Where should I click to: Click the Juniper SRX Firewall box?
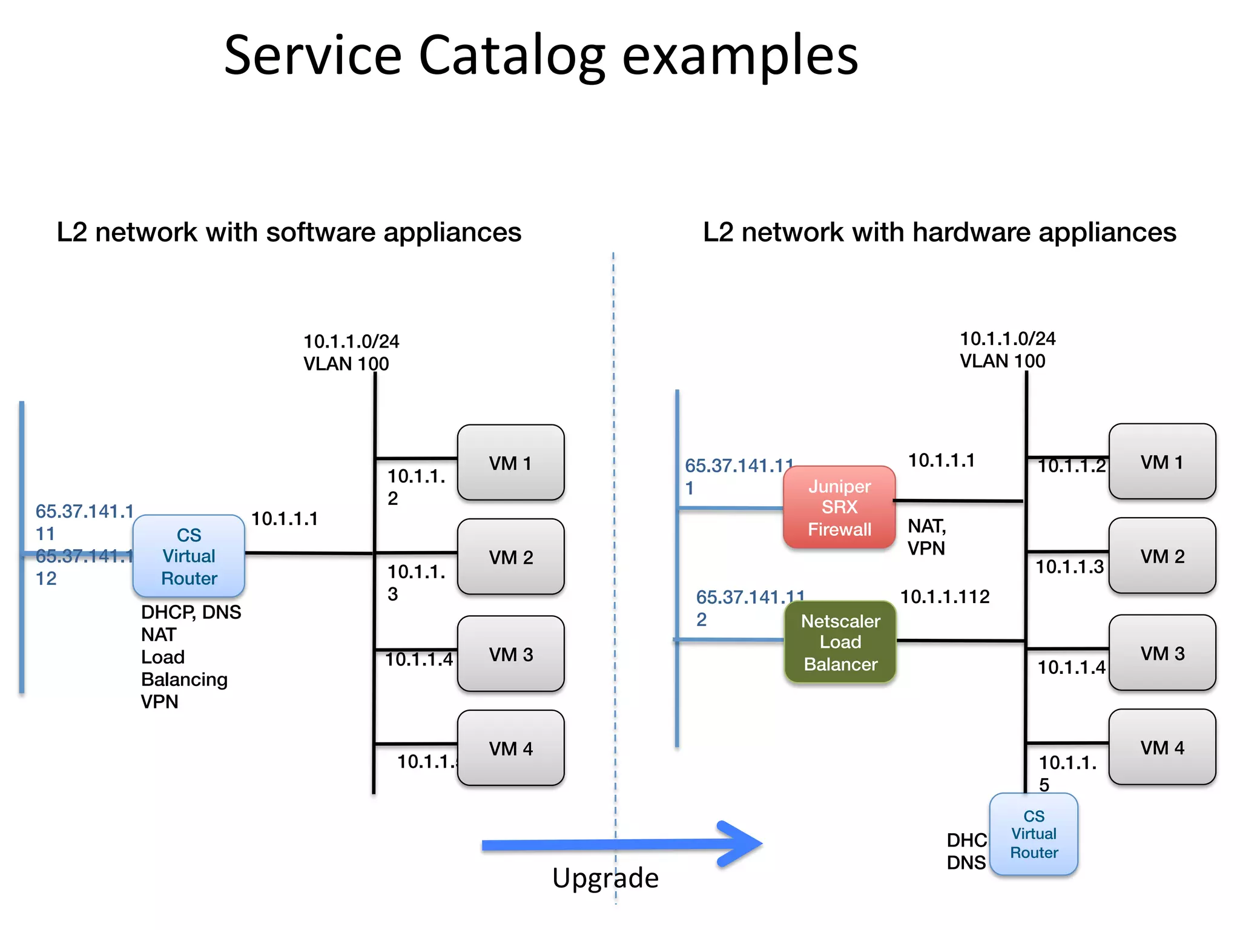(x=839, y=507)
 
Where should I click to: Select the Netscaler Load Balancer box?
(x=840, y=642)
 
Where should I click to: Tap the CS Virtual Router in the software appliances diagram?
(x=189, y=556)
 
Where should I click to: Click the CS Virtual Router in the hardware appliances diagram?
(x=1034, y=834)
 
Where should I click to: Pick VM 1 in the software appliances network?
(x=510, y=463)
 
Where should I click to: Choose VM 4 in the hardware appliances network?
(x=1162, y=747)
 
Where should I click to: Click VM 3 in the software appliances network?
(x=510, y=654)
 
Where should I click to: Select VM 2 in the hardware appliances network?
(x=1162, y=556)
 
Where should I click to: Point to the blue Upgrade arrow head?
(x=742, y=843)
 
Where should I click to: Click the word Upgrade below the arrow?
(x=605, y=878)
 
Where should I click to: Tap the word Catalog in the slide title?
(x=512, y=56)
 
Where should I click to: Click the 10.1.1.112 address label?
(x=945, y=597)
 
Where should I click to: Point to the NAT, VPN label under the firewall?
(x=926, y=537)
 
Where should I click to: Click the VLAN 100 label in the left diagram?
(x=346, y=364)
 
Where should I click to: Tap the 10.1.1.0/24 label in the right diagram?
(x=1007, y=338)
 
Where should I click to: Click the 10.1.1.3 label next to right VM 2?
(x=1069, y=567)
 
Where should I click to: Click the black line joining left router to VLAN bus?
(x=309, y=553)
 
